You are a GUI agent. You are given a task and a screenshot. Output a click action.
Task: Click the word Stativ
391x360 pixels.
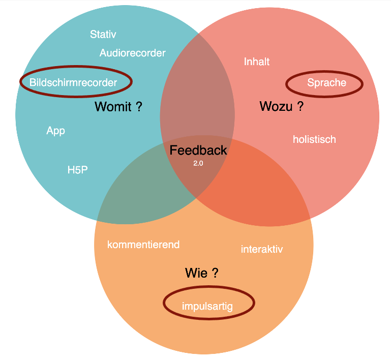103,35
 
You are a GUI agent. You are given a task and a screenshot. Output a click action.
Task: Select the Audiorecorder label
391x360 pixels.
132,53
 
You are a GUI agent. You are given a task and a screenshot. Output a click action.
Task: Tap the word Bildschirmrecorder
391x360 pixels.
73,82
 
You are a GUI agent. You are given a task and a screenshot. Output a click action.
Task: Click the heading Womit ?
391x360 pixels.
118,107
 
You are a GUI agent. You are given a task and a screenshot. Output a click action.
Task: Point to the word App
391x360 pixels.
55,131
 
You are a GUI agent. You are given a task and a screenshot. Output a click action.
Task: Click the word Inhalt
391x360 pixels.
257,62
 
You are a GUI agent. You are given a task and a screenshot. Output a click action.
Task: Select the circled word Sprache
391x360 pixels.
326,83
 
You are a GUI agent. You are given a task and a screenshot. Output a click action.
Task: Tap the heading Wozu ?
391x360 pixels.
281,107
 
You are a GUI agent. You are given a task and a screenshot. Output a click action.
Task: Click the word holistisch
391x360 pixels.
314,139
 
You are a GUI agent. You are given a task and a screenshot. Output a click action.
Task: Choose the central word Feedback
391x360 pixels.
198,151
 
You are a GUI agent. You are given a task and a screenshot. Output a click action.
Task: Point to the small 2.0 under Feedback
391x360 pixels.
198,163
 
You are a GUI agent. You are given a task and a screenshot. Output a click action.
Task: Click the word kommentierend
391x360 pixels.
143,245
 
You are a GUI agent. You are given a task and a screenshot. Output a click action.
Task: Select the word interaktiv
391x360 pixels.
262,249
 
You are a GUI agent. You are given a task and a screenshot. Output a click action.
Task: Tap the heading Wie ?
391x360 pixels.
202,274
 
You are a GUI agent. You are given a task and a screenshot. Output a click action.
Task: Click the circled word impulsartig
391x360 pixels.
207,306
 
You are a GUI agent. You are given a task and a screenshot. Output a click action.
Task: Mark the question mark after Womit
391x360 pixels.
139,107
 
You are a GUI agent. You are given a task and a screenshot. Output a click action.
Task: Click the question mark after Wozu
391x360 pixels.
300,107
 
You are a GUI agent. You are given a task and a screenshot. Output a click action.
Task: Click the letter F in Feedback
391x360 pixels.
173,151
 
